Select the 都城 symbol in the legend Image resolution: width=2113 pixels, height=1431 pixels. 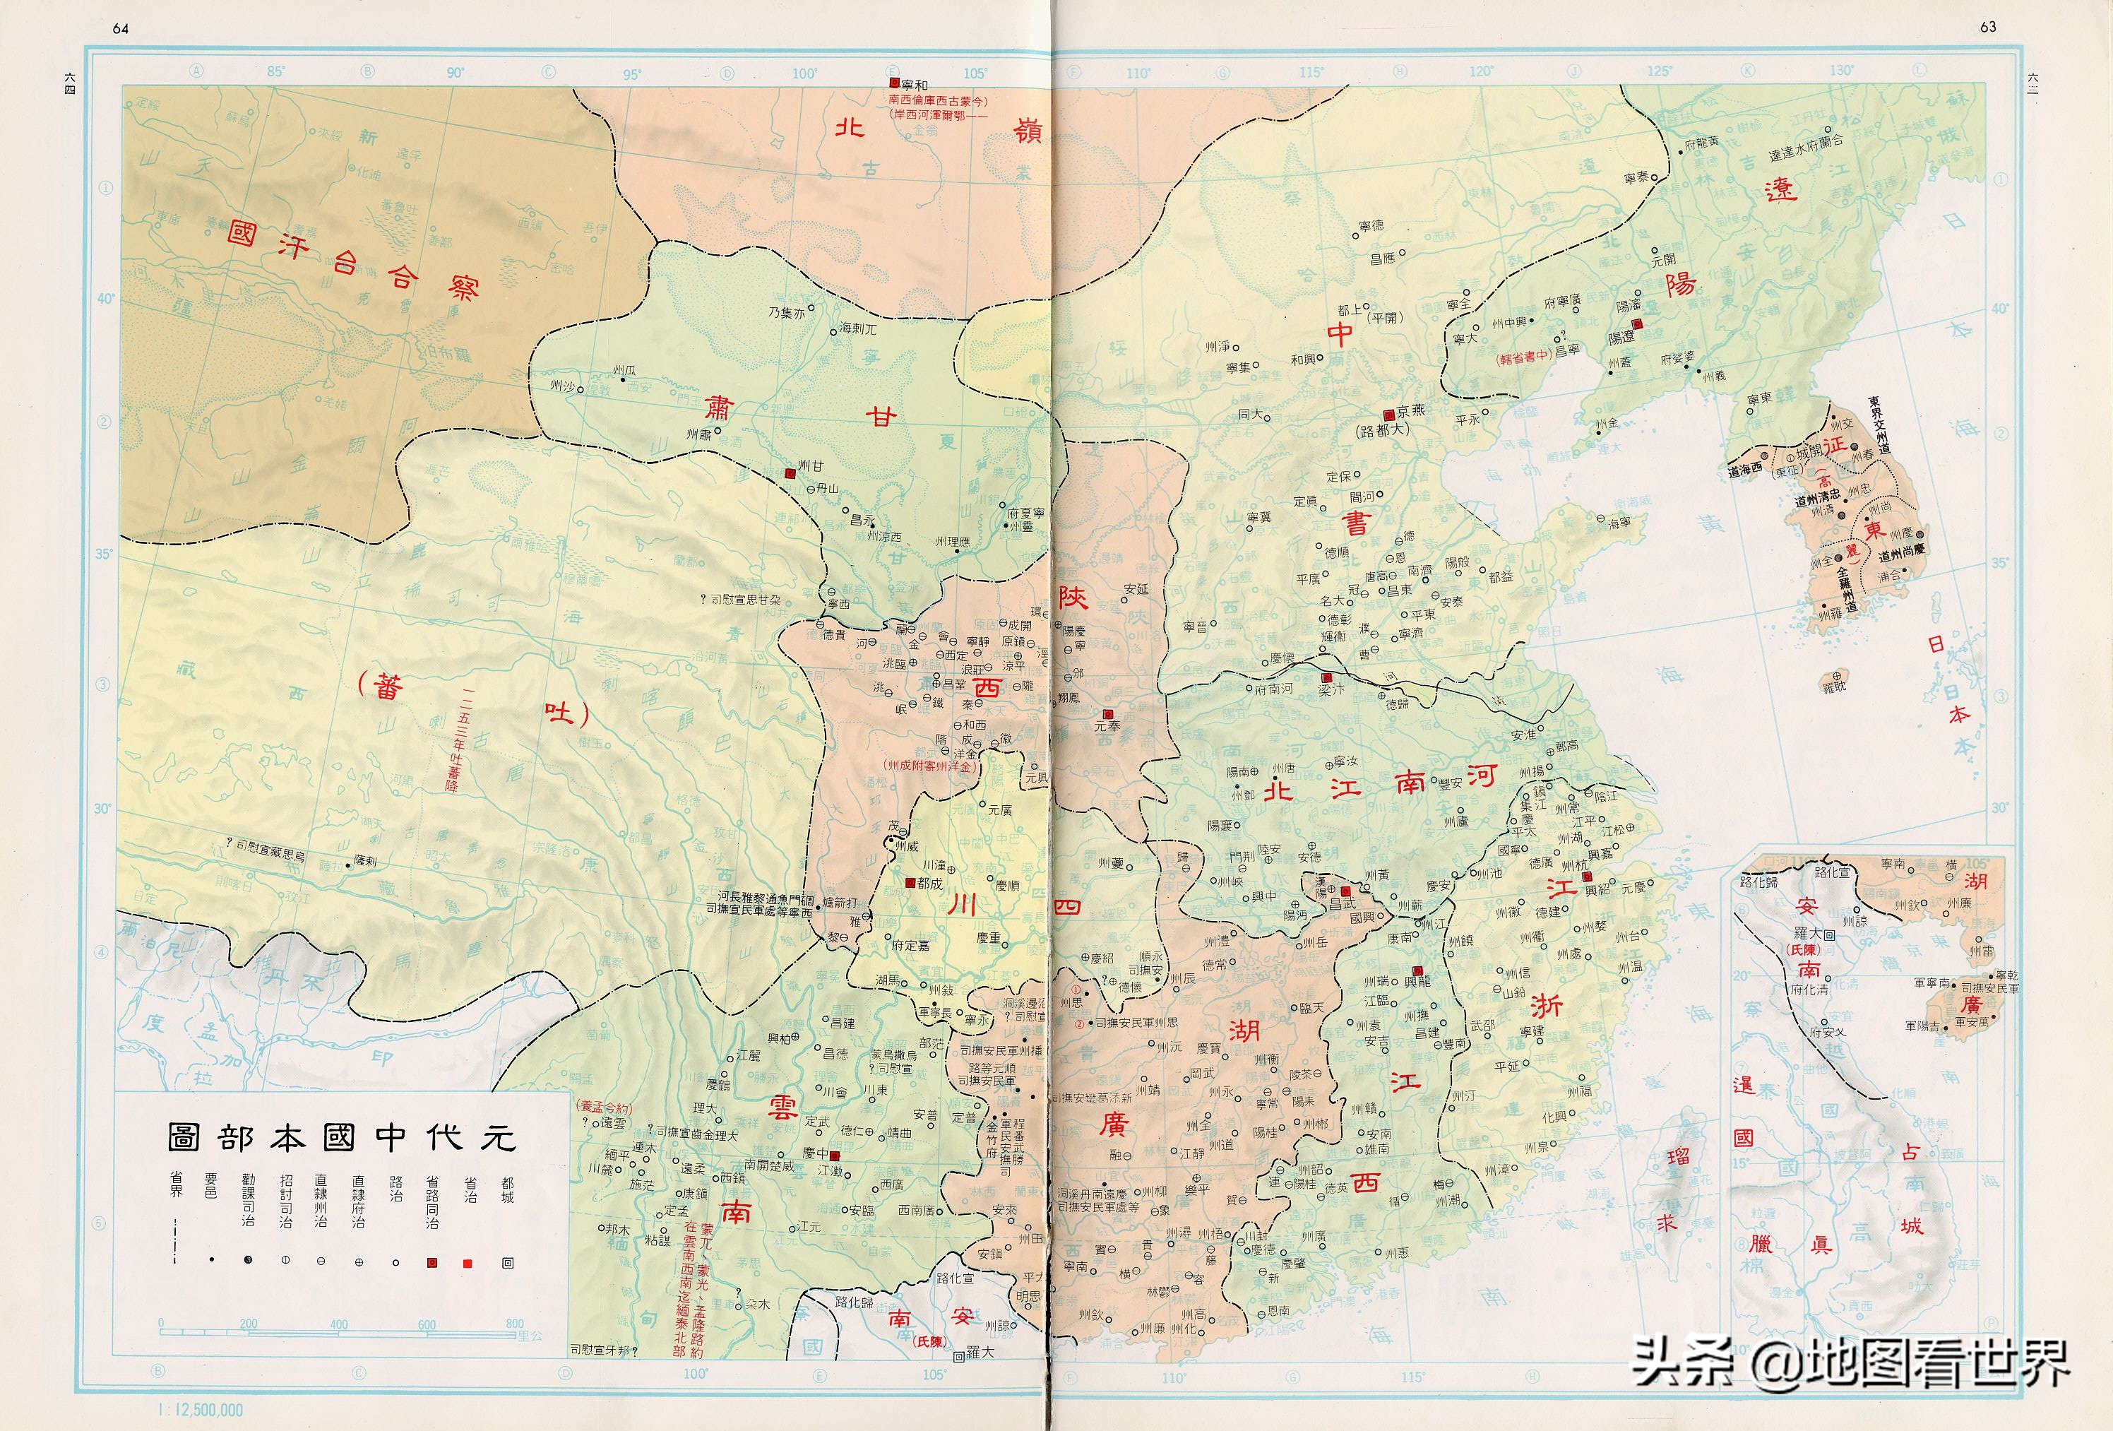pos(507,1263)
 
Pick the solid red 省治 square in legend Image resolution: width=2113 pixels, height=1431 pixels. pos(468,1263)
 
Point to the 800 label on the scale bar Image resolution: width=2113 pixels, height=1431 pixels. pos(515,1324)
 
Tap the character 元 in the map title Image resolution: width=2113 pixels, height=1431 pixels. pos(499,1137)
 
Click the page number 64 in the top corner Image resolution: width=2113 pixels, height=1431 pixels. pos(120,28)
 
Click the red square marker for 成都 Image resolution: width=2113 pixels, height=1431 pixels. pos(909,883)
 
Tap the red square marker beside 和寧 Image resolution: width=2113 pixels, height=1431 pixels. pos(893,83)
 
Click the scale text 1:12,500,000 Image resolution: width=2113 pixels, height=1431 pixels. pos(201,1410)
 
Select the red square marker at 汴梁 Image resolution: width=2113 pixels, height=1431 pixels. pos(1326,678)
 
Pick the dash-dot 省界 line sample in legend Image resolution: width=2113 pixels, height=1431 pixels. pos(174,1241)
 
